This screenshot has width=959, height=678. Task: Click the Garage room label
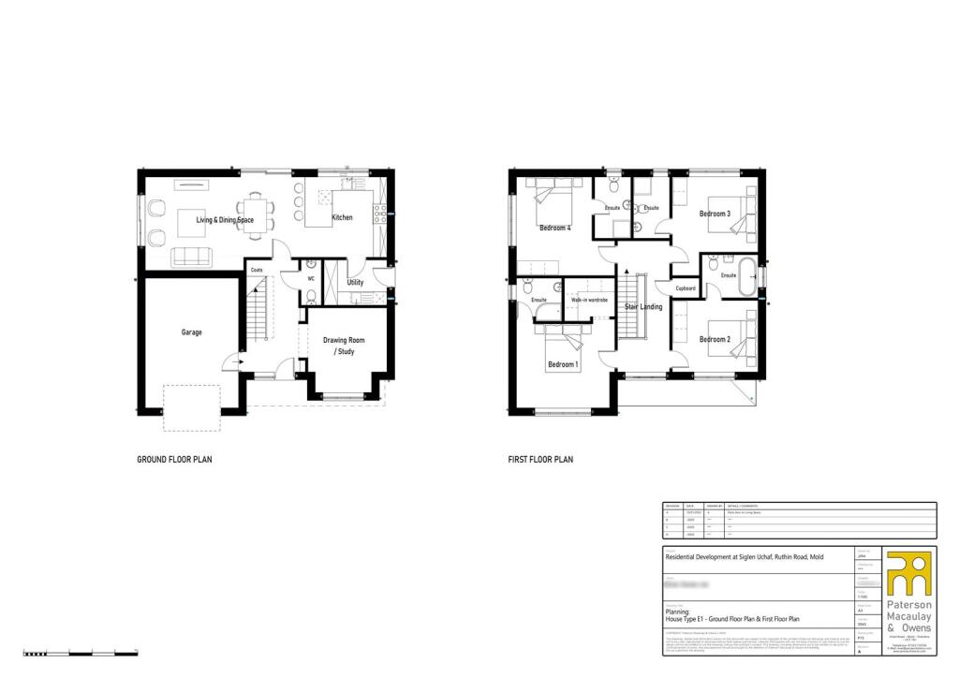coord(191,332)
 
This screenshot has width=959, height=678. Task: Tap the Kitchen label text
coord(342,217)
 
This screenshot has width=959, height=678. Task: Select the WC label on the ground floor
coord(310,278)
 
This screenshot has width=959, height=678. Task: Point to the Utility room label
coord(355,282)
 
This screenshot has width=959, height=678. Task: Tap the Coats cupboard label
coord(257,270)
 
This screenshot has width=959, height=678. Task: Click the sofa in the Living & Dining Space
coord(192,257)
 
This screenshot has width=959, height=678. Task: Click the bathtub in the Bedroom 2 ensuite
coord(749,274)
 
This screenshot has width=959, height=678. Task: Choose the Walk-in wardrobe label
coord(584,300)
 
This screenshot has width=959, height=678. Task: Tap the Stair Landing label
coord(644,306)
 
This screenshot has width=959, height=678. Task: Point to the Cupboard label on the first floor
coord(685,289)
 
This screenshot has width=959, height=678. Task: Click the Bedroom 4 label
coord(554,227)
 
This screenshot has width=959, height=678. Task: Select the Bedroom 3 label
coord(715,214)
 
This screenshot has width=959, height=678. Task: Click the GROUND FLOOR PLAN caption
coord(174,460)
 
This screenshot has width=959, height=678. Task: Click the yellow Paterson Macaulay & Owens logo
coord(908,573)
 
